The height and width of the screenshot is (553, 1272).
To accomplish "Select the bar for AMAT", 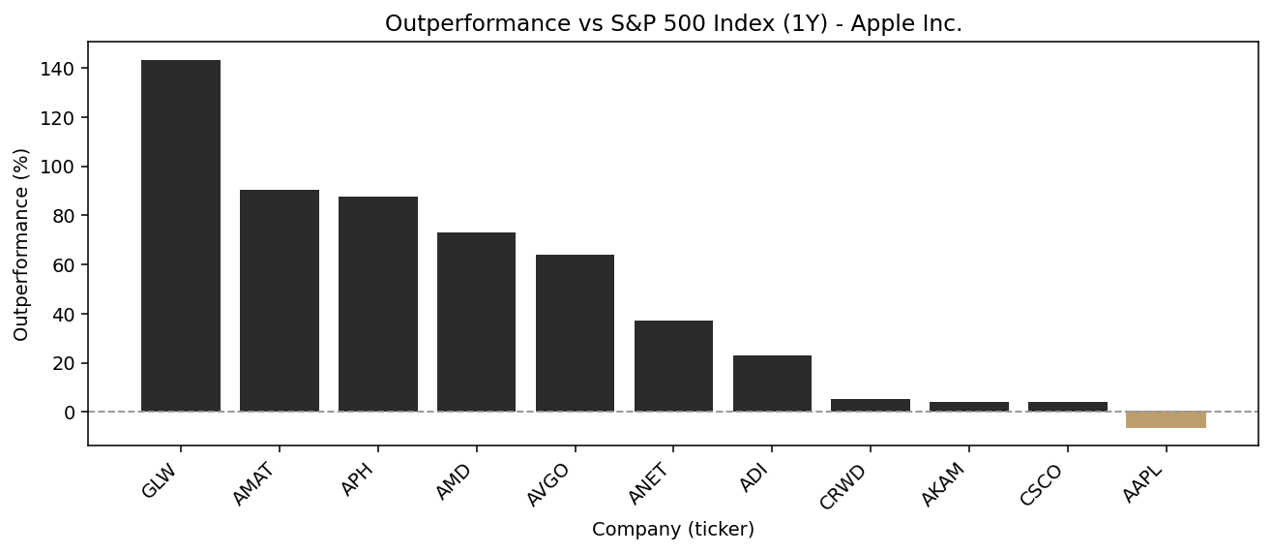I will pos(280,300).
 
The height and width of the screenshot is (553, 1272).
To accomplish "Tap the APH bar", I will pos(378,304).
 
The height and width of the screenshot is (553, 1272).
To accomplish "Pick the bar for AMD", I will pos(476,322).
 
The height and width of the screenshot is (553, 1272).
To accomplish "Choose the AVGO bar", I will pos(575,333).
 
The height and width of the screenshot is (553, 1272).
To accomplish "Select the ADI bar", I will pos(772,384).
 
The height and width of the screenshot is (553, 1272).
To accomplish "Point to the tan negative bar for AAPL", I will pos(1166,420).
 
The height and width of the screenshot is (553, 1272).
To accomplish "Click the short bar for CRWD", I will pos(871,406).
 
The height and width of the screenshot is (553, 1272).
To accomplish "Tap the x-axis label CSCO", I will pos(1043,484).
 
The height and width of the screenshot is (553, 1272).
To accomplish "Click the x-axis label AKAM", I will pos(944,484).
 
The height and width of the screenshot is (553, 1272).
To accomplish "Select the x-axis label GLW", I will pos(161,480).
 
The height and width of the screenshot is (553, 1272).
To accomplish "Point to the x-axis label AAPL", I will pos(1142,483).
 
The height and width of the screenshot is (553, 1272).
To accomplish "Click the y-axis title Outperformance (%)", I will pos(21,244).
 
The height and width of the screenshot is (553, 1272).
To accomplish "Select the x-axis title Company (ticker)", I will pos(673,530).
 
